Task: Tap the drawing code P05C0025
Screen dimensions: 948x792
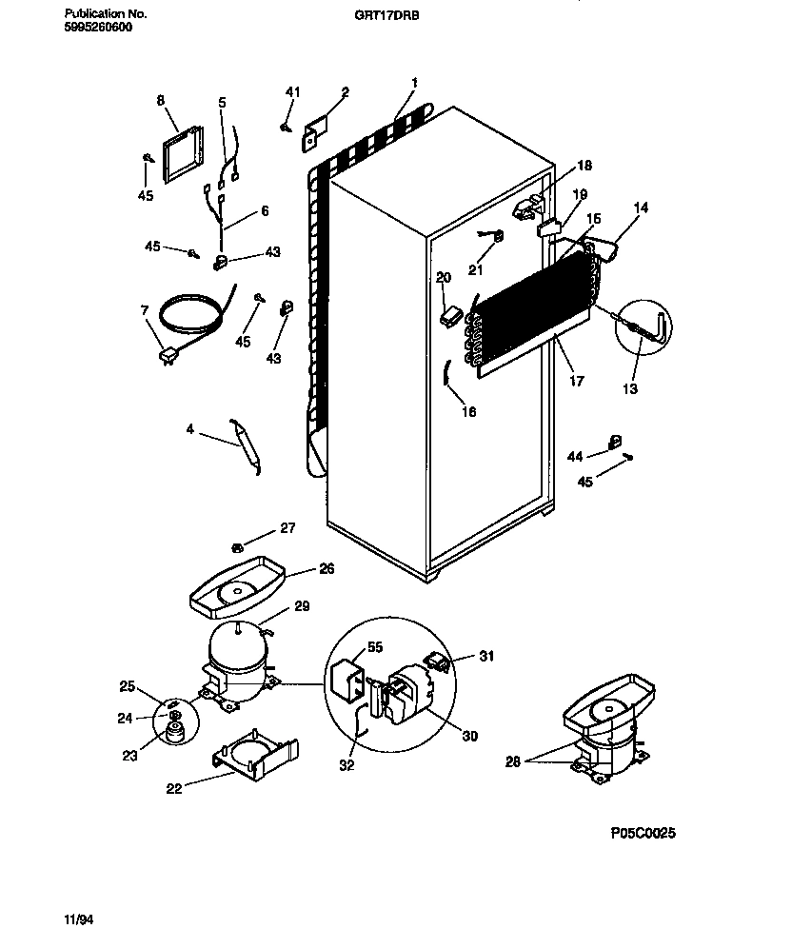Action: (643, 833)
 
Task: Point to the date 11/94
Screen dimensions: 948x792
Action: (80, 920)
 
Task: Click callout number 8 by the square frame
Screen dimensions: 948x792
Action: (160, 99)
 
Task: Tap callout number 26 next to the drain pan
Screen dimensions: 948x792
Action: (327, 570)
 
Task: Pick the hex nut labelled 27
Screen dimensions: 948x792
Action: (237, 545)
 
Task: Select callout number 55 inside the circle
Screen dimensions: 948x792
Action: (374, 647)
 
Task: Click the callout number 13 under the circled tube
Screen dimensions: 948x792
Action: (630, 388)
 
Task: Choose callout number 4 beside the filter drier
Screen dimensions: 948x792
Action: (189, 430)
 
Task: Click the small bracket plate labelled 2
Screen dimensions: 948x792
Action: (315, 133)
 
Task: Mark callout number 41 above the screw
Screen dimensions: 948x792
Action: (292, 91)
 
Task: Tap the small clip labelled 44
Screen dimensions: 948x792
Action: (615, 440)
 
